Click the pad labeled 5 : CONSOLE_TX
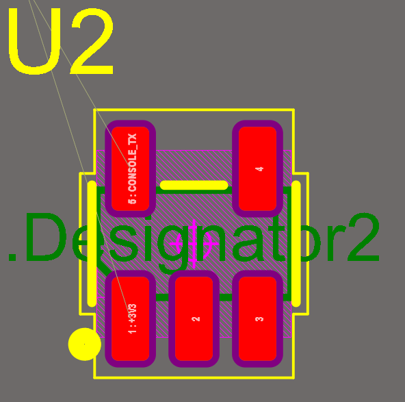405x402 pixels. [130, 168]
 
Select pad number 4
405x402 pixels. [257, 168]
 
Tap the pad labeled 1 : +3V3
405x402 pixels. [130, 318]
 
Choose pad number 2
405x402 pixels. [194, 318]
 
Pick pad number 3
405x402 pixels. [257, 318]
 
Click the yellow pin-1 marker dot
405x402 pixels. [84, 344]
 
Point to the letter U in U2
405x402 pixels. [34, 41]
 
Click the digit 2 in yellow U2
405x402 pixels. [92, 41]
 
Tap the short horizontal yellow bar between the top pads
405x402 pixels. [194, 185]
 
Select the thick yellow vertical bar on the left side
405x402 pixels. [92, 244]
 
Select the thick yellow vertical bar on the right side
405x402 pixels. [296, 244]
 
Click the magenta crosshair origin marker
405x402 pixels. [194, 244]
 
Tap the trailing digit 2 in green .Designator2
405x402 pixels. [363, 237]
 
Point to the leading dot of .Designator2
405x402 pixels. [12, 257]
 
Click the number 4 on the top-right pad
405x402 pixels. [259, 169]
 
